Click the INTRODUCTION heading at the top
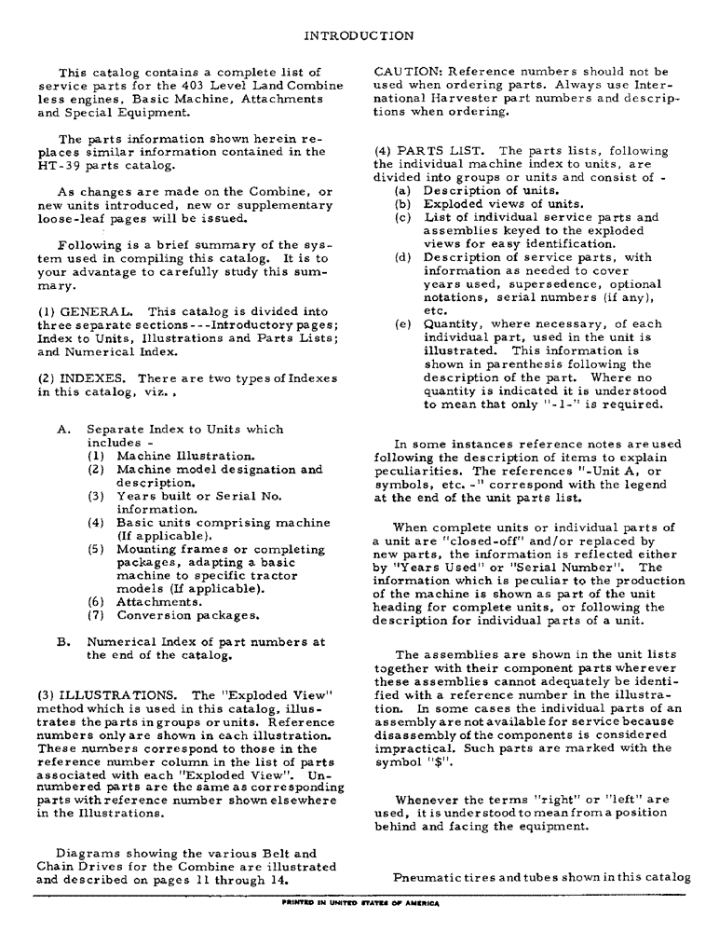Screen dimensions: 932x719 (359, 36)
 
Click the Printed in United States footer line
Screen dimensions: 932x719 (359, 903)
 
